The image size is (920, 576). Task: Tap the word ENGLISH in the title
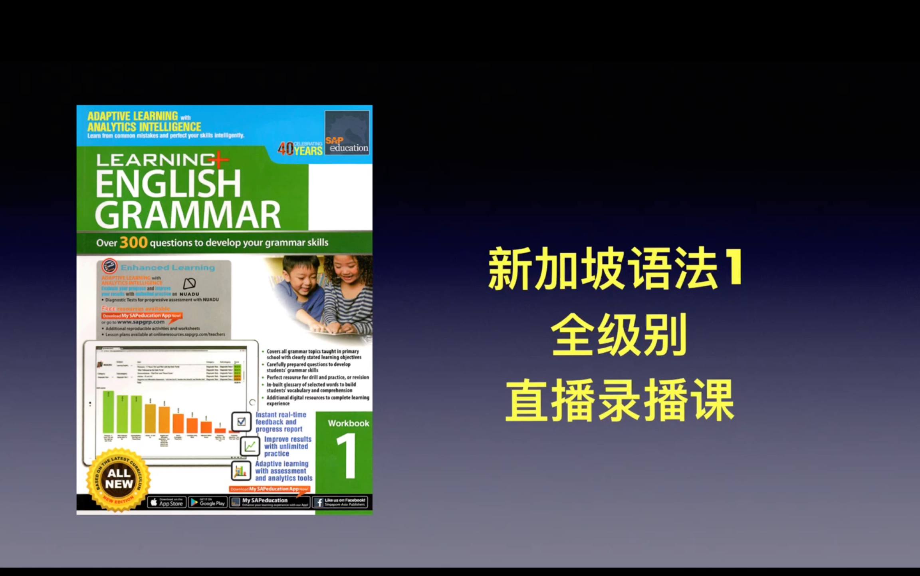coord(168,183)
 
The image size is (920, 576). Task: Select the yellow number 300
coord(133,242)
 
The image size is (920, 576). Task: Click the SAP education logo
coord(347,133)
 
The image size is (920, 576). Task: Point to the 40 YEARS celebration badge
coord(300,149)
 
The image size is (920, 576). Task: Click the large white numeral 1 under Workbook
coord(347,455)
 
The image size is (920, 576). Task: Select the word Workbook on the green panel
coord(348,423)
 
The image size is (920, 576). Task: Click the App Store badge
coord(167,503)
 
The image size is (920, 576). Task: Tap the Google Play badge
coord(208,503)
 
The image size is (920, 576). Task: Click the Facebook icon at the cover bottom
coord(319,503)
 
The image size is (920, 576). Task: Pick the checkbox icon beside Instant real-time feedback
coord(241,421)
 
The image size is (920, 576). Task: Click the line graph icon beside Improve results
coord(250,446)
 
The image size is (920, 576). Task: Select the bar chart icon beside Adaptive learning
coord(241,471)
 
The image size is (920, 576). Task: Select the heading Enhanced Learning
coord(168,268)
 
